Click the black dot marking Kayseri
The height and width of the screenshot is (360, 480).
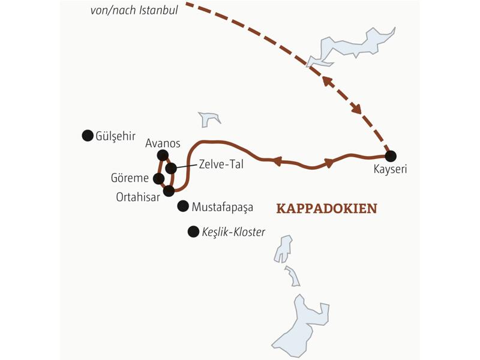click(391, 156)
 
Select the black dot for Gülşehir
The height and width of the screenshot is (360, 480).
click(87, 136)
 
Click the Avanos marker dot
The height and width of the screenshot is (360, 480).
click(161, 155)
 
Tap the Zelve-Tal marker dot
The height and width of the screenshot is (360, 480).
click(171, 168)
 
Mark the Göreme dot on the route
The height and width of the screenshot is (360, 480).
click(158, 178)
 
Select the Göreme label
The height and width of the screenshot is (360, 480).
click(130, 179)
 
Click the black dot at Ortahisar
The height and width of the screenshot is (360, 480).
click(169, 191)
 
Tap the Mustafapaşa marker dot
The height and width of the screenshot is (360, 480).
click(183, 206)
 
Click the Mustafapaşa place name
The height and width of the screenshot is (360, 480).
click(223, 208)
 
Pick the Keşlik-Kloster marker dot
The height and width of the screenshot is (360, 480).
click(193, 231)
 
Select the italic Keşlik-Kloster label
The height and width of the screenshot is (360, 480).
click(234, 232)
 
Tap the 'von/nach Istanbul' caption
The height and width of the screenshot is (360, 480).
click(134, 10)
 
